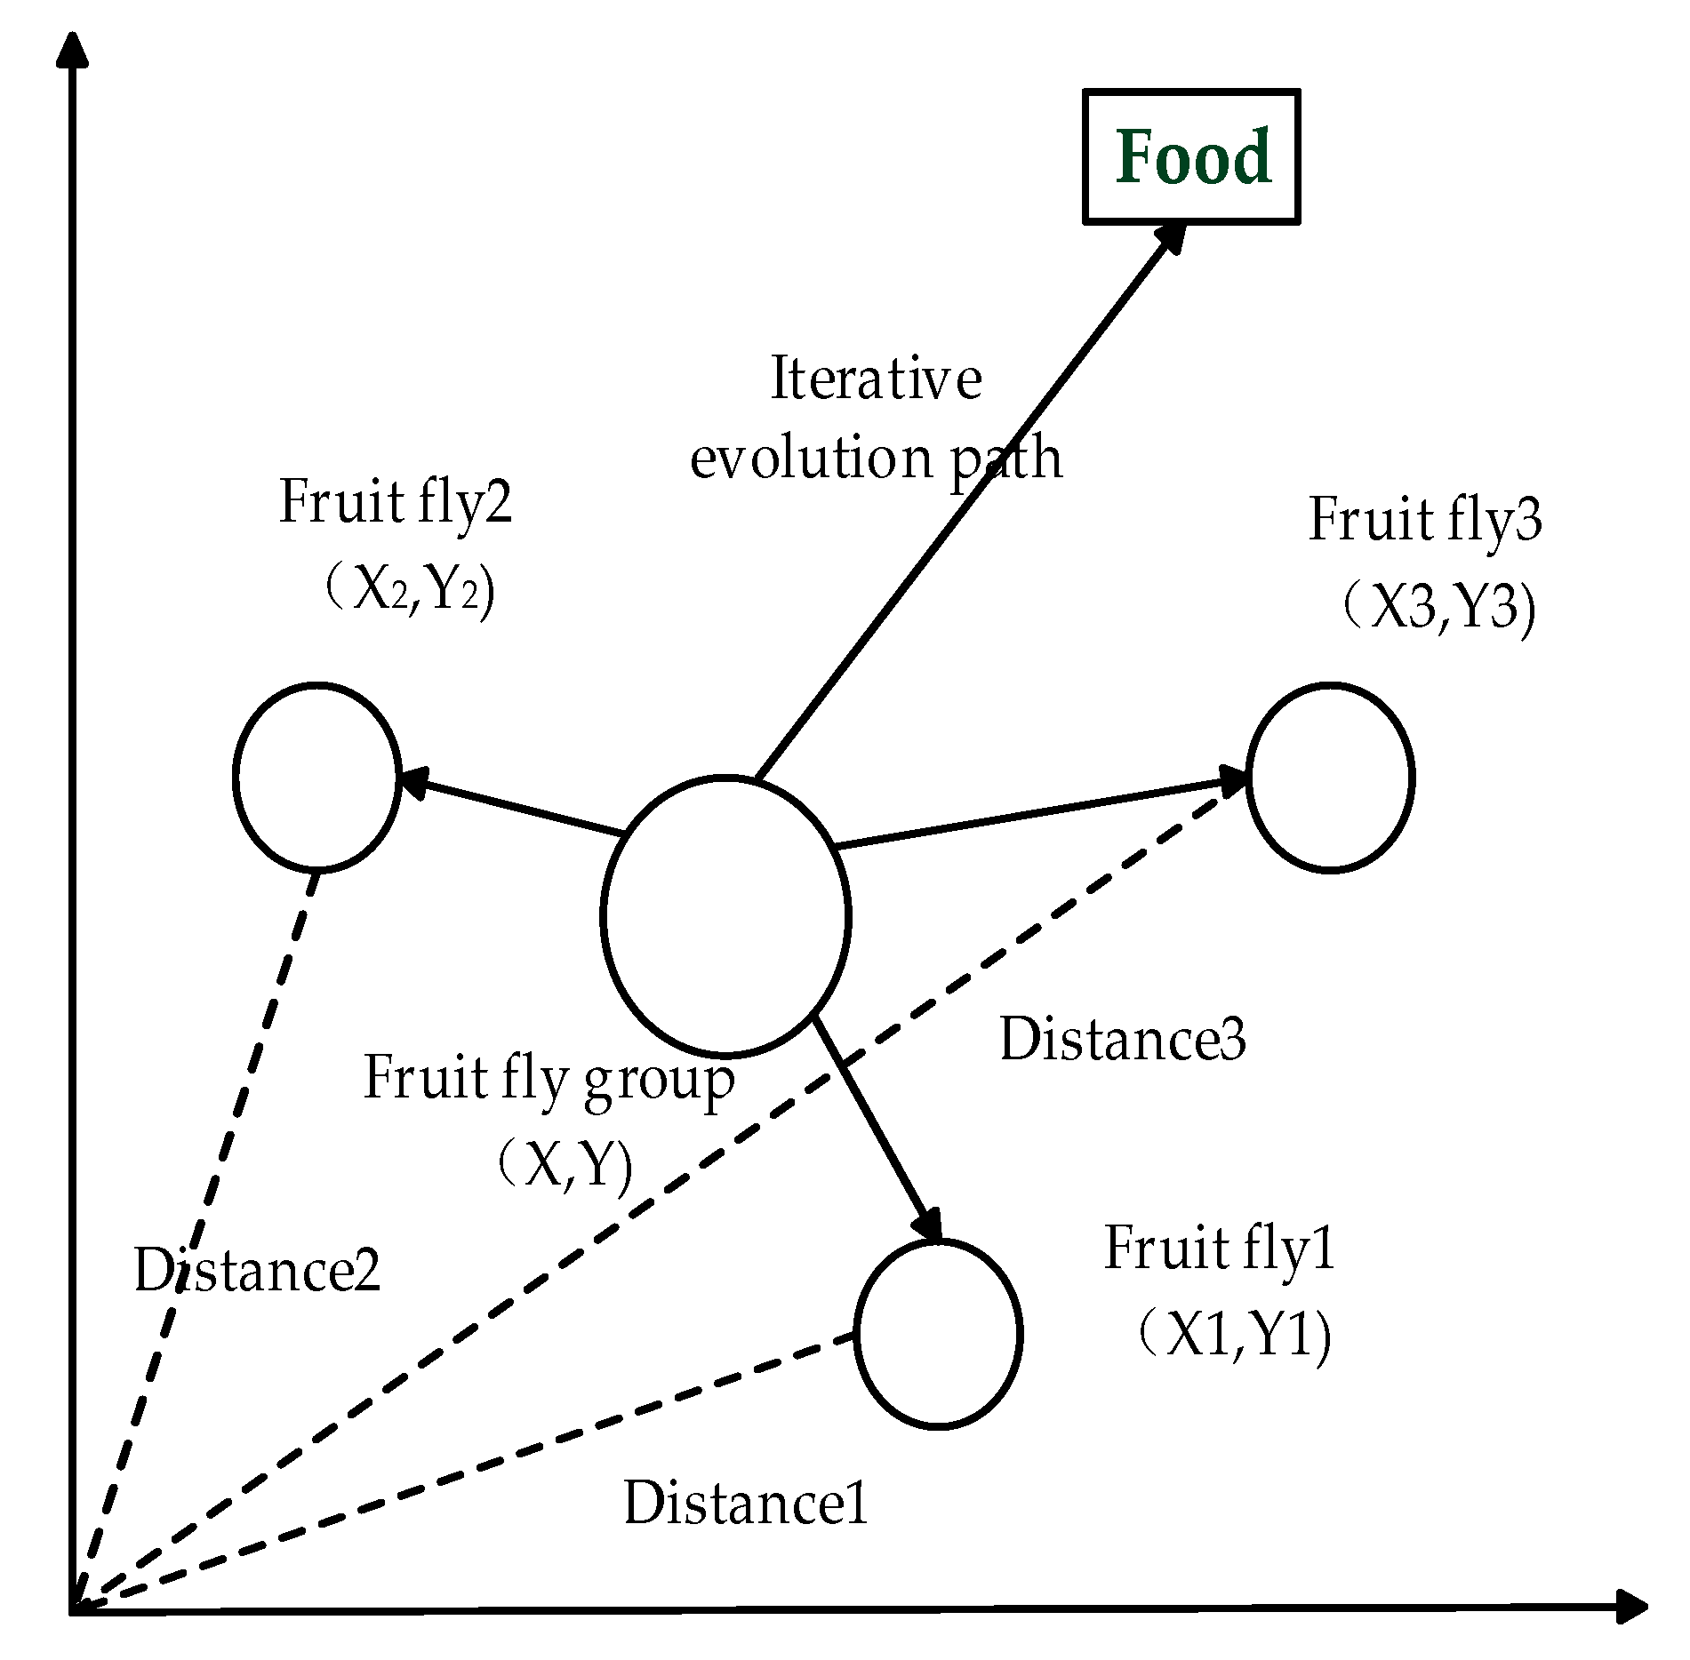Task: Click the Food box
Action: point(1191,156)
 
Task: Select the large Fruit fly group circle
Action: point(725,916)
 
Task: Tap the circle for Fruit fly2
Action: point(316,777)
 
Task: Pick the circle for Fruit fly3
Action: point(1329,778)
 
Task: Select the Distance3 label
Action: point(1122,1038)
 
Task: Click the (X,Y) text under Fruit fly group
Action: point(565,1165)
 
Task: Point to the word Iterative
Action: point(876,378)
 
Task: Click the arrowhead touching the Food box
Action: point(1172,238)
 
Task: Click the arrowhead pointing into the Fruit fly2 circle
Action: point(416,783)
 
